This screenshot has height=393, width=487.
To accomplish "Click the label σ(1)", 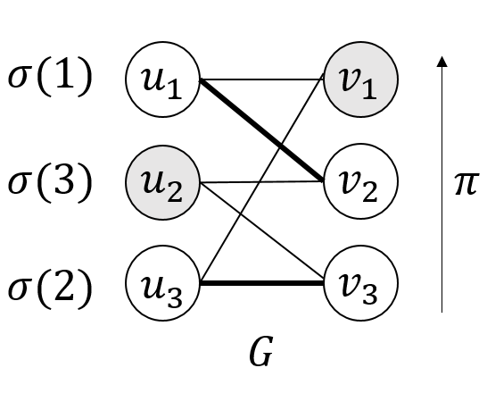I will pyautogui.click(x=50, y=79).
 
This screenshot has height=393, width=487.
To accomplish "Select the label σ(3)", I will pyautogui.click(x=50, y=182).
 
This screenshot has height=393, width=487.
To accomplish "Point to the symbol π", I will pyautogui.click(x=465, y=182).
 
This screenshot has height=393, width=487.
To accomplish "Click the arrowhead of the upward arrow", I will pyautogui.click(x=442, y=62).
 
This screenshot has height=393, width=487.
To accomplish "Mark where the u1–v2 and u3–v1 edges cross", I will pyautogui.click(x=280, y=142).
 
